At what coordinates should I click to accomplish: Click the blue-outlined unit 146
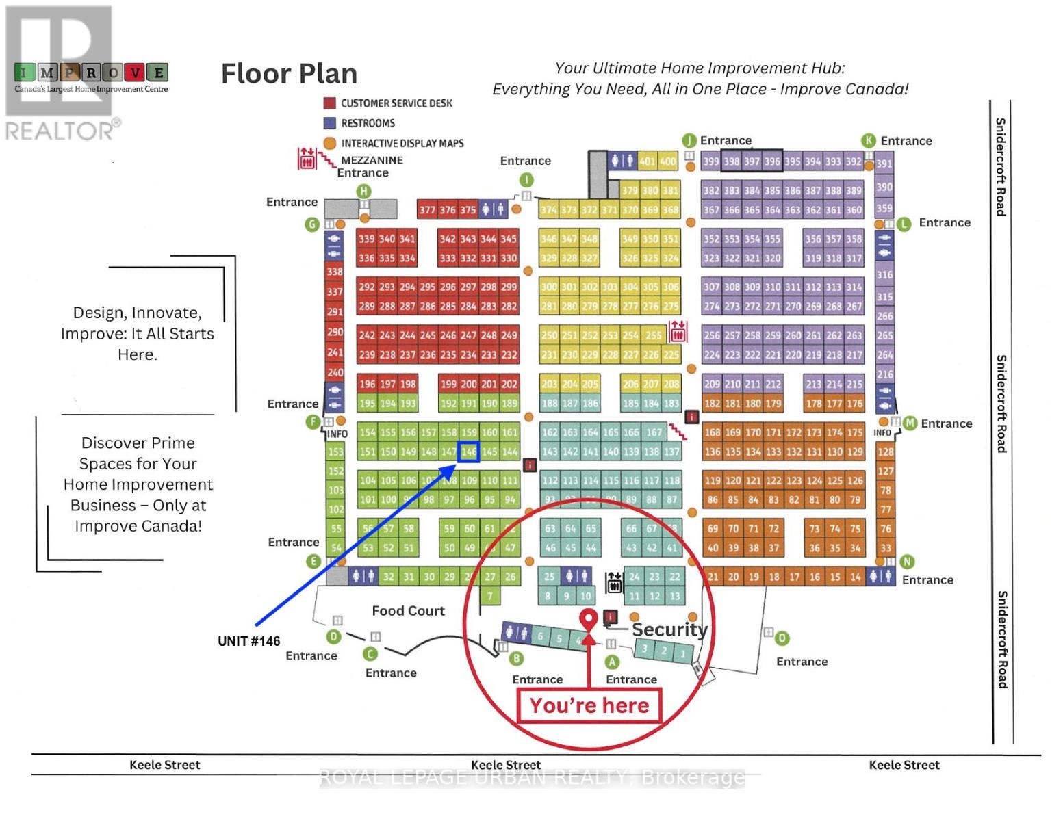pyautogui.click(x=468, y=452)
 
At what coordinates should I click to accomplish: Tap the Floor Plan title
pyautogui.click(x=289, y=74)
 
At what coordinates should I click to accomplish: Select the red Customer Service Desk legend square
pyautogui.click(x=329, y=103)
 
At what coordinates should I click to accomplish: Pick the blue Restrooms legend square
pyautogui.click(x=329, y=123)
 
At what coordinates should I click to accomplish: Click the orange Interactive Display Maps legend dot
pyautogui.click(x=329, y=143)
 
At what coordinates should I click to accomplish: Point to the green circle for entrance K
pyautogui.click(x=868, y=141)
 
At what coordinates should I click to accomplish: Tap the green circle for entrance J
pyautogui.click(x=689, y=141)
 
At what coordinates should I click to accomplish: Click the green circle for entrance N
pyautogui.click(x=907, y=562)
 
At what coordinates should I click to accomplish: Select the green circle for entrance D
pyautogui.click(x=333, y=637)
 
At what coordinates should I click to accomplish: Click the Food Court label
pyautogui.click(x=408, y=611)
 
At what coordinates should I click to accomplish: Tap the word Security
pyautogui.click(x=669, y=629)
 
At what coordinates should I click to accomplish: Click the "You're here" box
pyautogui.click(x=589, y=706)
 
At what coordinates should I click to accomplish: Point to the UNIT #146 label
pyautogui.click(x=248, y=641)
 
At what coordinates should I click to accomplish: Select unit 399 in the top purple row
pyautogui.click(x=711, y=162)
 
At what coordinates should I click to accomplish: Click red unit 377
pyautogui.click(x=427, y=210)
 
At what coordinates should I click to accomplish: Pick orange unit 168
pyautogui.click(x=712, y=432)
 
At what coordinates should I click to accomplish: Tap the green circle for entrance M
pyautogui.click(x=910, y=423)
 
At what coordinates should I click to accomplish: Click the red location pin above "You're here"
pyautogui.click(x=587, y=619)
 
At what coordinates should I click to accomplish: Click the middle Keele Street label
pyautogui.click(x=506, y=765)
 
